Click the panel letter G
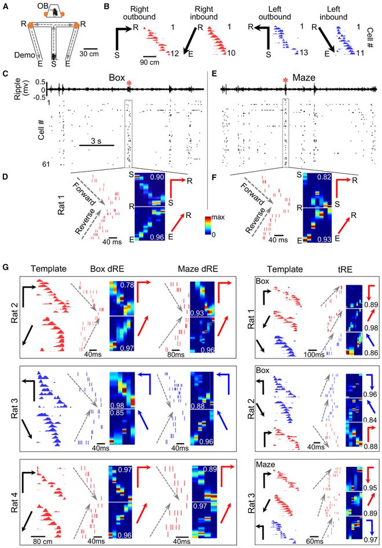click(6, 268)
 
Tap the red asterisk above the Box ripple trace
click(129, 83)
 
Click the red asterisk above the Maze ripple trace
click(285, 81)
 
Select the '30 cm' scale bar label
click(89, 54)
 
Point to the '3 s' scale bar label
click(96, 141)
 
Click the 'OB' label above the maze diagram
click(43, 6)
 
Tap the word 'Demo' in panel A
click(24, 55)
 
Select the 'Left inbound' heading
click(333, 13)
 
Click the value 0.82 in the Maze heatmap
click(325, 177)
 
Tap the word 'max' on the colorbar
click(218, 217)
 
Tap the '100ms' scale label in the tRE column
click(314, 354)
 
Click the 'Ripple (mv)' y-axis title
click(21, 89)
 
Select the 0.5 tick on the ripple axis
click(41, 82)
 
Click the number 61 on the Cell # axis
click(46, 164)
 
